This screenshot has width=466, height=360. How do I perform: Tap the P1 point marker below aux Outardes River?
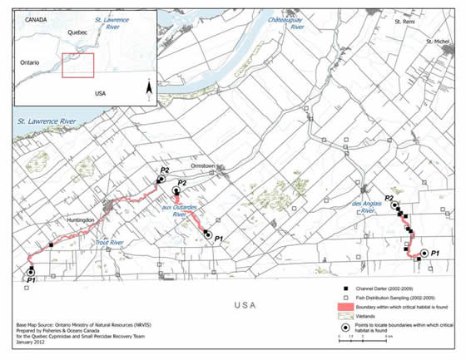point(207,234)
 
